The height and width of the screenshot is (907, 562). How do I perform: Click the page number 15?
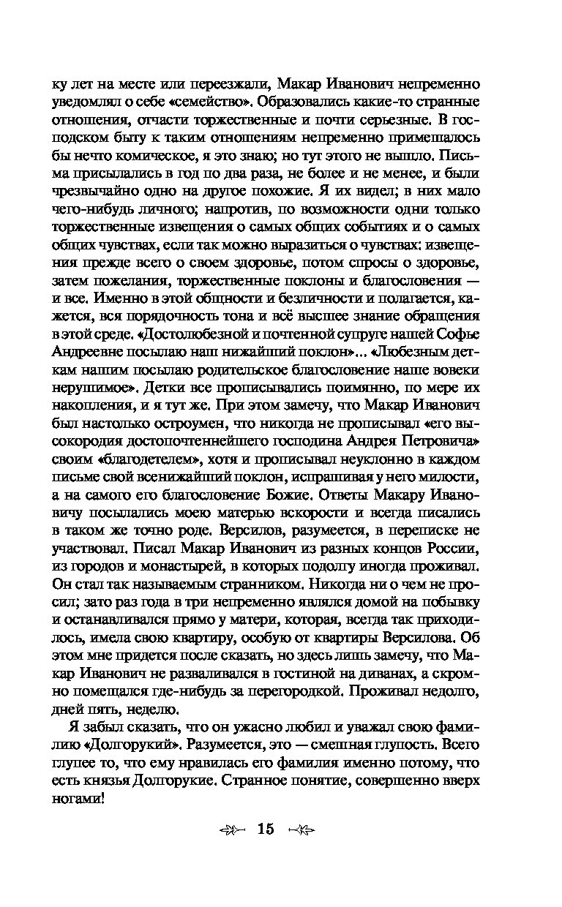pyautogui.click(x=264, y=829)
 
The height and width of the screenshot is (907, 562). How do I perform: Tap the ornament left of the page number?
pyautogui.click(x=232, y=829)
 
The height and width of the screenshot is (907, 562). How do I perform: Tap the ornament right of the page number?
pyautogui.click(x=301, y=829)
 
